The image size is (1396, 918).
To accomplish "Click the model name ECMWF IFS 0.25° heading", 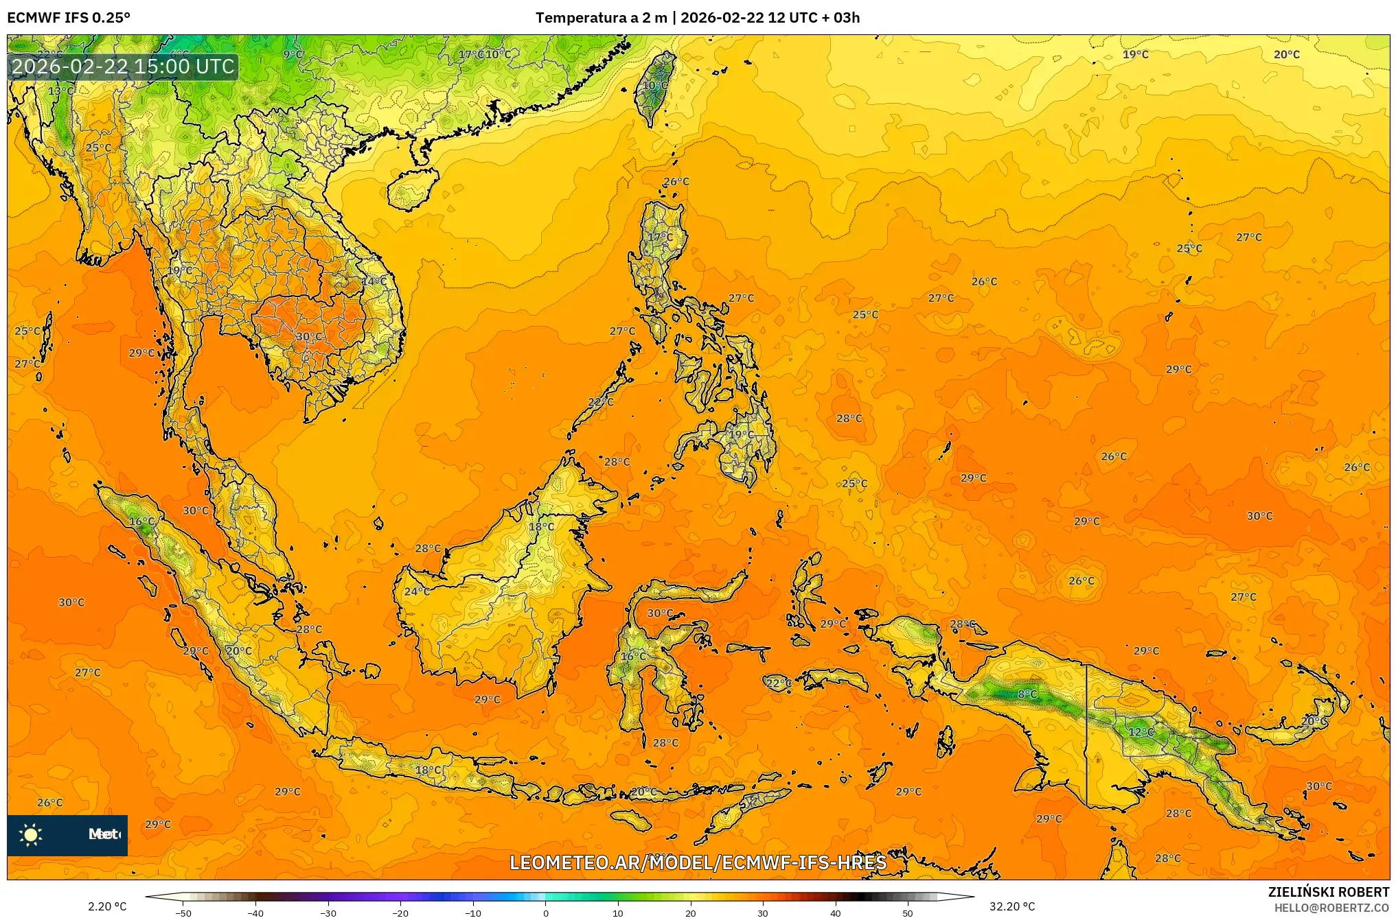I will (x=69, y=18).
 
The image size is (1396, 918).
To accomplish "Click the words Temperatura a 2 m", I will (x=601, y=18).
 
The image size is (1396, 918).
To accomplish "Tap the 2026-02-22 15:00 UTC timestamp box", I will (x=123, y=67).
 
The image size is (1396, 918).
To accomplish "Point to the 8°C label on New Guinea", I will (x=1027, y=694).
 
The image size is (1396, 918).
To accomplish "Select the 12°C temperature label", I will (x=1141, y=732).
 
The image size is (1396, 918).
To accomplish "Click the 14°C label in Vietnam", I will (x=374, y=281).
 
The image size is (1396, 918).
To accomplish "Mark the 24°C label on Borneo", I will (x=417, y=591).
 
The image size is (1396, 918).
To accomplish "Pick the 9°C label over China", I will (x=293, y=54).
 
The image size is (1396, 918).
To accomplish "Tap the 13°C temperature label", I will (x=61, y=91).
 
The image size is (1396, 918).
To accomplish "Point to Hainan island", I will (x=412, y=189).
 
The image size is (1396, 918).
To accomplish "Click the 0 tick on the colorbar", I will (x=546, y=913).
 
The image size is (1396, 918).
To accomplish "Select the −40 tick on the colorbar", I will (x=255, y=913).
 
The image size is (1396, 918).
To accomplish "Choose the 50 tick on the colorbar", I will (x=908, y=913).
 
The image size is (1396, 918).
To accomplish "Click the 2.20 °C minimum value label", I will (x=107, y=906).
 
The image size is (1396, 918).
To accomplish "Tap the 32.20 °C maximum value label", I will (x=1012, y=906).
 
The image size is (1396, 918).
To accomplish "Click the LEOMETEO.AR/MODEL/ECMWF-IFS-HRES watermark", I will (x=698, y=862).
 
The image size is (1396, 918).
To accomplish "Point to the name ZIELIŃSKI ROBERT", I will (x=1328, y=892).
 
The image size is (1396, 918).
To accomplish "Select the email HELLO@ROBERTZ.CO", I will (x=1331, y=908).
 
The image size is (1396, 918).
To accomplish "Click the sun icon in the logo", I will (x=31, y=834).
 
